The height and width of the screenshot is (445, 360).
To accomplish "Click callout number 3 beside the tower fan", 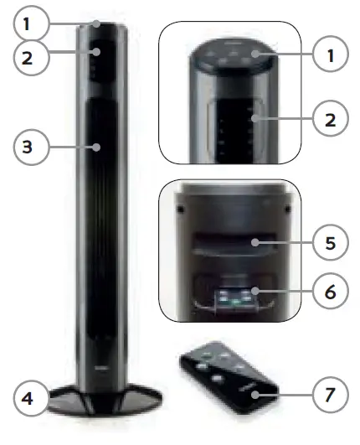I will click(x=27, y=147).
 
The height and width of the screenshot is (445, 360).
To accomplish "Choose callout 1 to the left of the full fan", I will click(x=27, y=23).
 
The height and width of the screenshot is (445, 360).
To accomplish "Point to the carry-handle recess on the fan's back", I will click(x=228, y=243).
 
